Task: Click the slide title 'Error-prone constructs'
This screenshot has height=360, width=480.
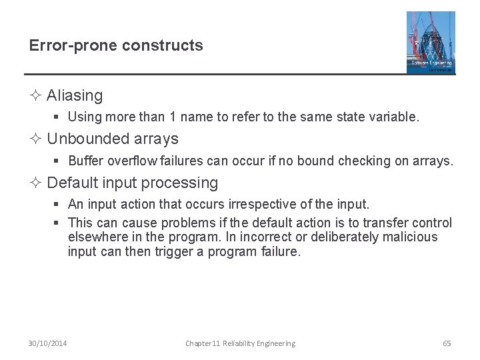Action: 116,46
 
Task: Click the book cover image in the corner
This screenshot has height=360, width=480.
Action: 431,42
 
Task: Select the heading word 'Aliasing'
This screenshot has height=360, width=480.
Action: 75,96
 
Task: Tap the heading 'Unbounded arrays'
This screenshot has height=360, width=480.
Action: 113,139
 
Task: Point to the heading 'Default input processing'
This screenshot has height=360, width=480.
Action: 133,183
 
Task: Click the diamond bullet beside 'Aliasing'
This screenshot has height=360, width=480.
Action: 37,96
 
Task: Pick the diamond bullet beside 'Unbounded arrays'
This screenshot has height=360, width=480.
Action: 37,139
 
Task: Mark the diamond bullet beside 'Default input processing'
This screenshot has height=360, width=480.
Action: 37,183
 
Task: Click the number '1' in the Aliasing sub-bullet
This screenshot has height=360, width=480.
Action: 173,117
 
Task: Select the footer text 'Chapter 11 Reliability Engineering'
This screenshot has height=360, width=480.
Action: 240,343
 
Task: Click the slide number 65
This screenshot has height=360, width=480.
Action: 447,343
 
